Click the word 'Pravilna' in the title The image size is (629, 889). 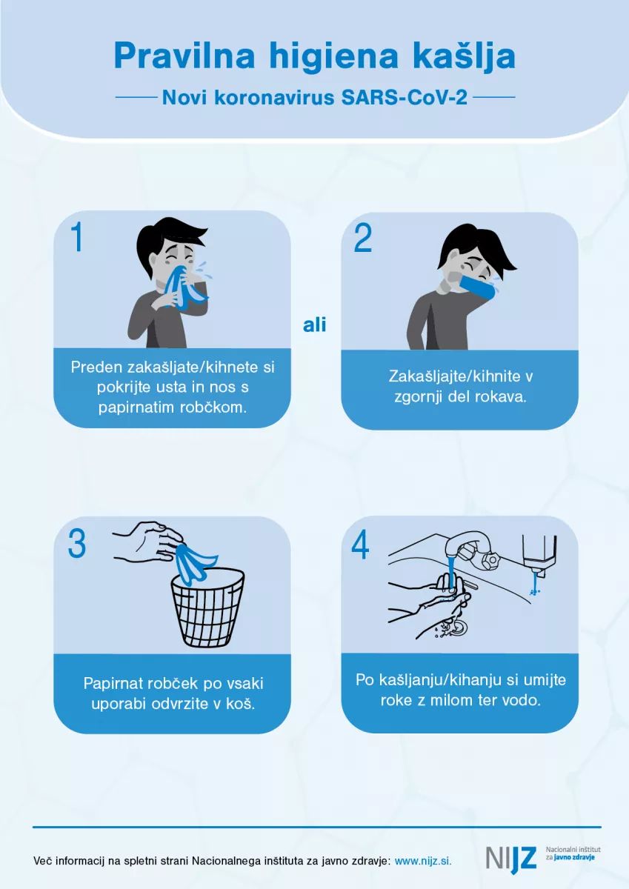click(184, 56)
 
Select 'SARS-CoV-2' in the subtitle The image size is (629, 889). click(404, 97)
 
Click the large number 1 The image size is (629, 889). click(77, 236)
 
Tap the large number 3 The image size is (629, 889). click(77, 543)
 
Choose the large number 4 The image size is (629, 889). click(360, 546)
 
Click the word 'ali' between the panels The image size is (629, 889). click(315, 325)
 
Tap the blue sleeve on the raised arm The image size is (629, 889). click(478, 287)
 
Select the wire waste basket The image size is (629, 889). click(207, 607)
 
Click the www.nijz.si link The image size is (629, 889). click(423, 861)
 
